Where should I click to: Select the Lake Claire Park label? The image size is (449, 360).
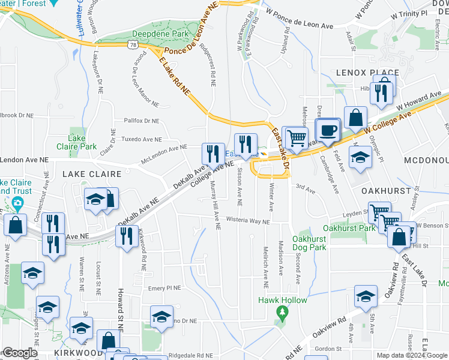[x=82, y=142]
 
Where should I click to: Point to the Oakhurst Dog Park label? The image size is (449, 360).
[x=309, y=242]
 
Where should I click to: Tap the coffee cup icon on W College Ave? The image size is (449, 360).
[x=328, y=130]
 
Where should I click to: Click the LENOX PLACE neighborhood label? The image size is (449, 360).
[x=376, y=73]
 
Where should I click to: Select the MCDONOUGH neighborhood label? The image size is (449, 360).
[x=426, y=161]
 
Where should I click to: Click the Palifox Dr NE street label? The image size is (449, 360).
[x=141, y=121]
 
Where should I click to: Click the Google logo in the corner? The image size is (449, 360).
[x=19, y=353]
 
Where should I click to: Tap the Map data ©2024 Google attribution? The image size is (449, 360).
[x=412, y=355]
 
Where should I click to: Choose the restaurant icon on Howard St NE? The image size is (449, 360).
[x=126, y=236]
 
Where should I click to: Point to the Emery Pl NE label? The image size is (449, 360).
[x=164, y=288]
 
